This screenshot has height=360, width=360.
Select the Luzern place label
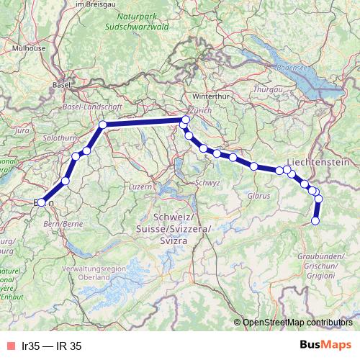[140, 186]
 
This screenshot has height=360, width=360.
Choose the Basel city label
[60, 84]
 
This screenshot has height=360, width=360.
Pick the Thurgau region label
[269, 89]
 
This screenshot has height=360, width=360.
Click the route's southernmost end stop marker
[315, 221]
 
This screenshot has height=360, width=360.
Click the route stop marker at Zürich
[185, 120]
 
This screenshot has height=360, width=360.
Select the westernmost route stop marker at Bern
[41, 202]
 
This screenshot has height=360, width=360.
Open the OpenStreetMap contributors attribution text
[296, 322]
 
